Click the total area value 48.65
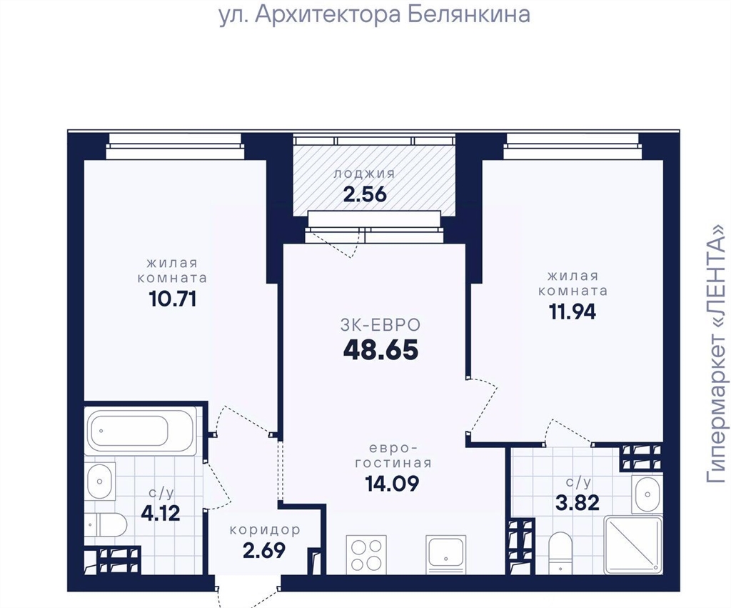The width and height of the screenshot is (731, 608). [380, 350]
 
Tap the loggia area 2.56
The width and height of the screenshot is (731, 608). [365, 194]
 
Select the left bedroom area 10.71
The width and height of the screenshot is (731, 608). [173, 299]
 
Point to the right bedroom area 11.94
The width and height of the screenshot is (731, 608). [573, 312]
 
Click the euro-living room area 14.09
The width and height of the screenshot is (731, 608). [392, 484]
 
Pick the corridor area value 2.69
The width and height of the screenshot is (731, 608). [264, 551]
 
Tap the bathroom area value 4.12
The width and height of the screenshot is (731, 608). [161, 514]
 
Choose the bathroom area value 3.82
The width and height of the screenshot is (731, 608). [577, 503]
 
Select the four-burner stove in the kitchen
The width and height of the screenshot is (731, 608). [366, 554]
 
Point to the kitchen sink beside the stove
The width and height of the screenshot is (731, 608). [445, 554]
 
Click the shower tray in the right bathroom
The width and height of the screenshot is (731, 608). [632, 544]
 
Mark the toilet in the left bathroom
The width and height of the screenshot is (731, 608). [106, 525]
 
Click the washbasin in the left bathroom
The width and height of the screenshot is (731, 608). [99, 481]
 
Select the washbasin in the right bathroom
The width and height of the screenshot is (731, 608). [647, 494]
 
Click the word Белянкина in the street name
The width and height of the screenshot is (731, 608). [469, 14]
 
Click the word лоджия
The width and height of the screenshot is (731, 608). [365, 174]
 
